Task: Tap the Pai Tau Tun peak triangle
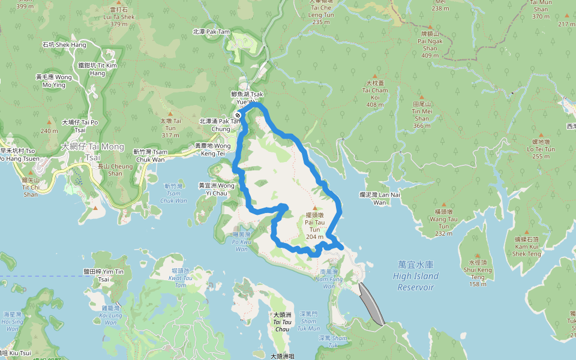pos(314,208)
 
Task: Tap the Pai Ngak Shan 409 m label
pos(430,44)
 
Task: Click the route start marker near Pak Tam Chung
pos(238,115)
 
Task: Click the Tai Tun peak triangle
pos(170,113)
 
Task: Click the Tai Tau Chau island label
pos(282,321)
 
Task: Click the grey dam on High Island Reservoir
pos(371,304)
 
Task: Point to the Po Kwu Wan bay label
pos(241,245)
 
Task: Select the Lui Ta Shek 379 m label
pos(119,17)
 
